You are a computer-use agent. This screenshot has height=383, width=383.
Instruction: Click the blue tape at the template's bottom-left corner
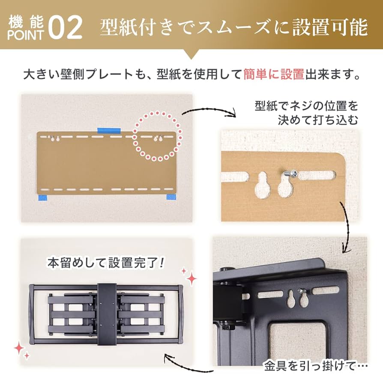[43, 197]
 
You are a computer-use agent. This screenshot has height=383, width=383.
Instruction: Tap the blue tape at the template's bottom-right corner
[171, 197]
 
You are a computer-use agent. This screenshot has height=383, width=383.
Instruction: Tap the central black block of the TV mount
[106, 314]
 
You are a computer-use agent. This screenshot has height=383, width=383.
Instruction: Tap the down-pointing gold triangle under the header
[191, 54]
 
